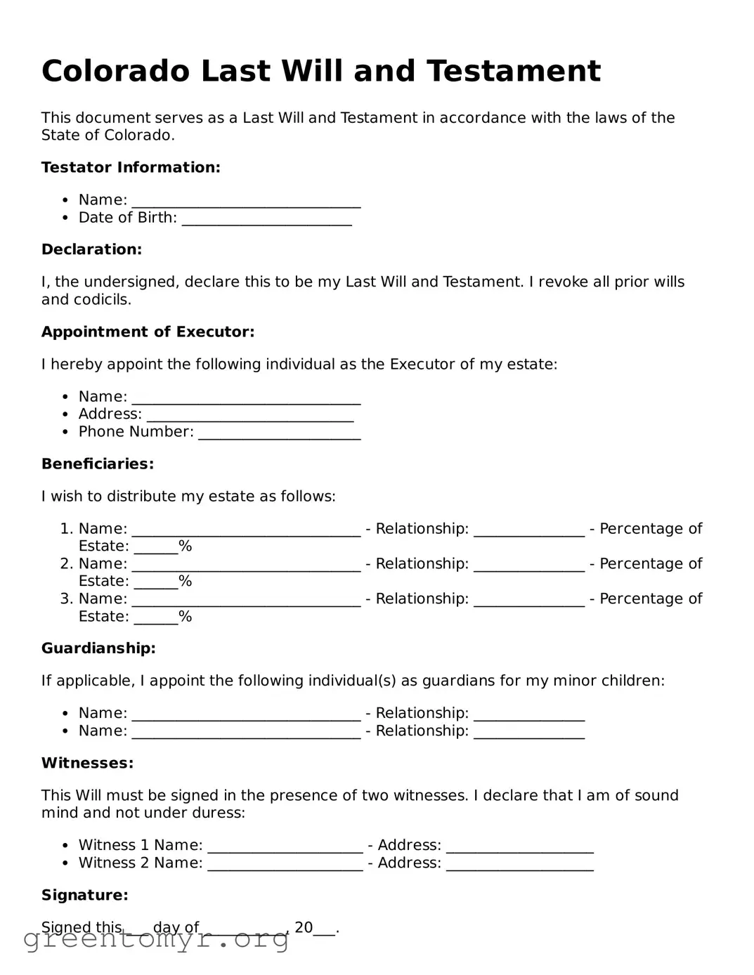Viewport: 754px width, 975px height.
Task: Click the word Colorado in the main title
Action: pyautogui.click(x=115, y=71)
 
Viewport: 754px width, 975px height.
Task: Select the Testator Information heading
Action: pyautogui.click(x=131, y=167)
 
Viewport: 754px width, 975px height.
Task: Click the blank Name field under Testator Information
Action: pyautogui.click(x=246, y=202)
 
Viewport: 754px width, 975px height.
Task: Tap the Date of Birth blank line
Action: pyautogui.click(x=266, y=219)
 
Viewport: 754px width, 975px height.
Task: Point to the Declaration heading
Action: pyautogui.click(x=91, y=249)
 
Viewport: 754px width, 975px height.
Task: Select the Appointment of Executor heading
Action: pyautogui.click(x=148, y=332)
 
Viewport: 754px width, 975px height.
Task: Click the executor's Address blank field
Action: pyautogui.click(x=249, y=416)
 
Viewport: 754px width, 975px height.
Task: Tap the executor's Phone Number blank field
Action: pyautogui.click(x=279, y=433)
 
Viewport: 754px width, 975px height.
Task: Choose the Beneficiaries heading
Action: pyautogui.click(x=97, y=464)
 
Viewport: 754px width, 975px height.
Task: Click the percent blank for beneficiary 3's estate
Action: pyautogui.click(x=155, y=618)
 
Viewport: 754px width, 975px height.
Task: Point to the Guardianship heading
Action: pyautogui.click(x=98, y=648)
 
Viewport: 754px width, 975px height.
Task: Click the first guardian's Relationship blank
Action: pyautogui.click(x=528, y=714)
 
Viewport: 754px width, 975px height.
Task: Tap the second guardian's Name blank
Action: pyautogui.click(x=246, y=732)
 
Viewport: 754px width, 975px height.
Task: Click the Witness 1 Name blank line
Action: pyautogui.click(x=285, y=846)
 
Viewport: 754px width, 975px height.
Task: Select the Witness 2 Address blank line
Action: pyautogui.click(x=519, y=864)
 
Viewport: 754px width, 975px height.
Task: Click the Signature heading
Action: pyautogui.click(x=84, y=895)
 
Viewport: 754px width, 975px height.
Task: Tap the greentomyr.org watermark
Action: pyautogui.click(x=156, y=939)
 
